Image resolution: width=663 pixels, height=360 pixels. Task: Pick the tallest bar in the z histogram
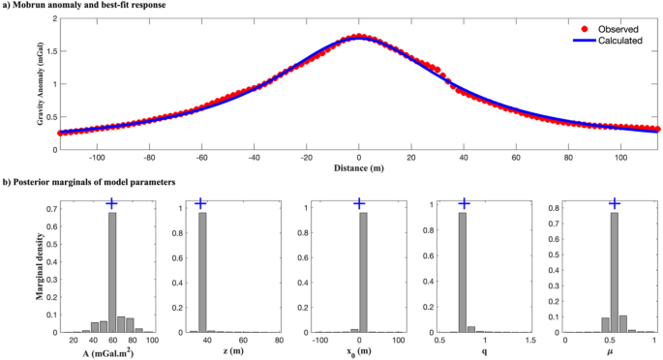point(202,272)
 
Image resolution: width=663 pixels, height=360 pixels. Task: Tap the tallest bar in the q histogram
point(464,272)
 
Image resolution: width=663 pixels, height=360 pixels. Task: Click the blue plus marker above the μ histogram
point(614,203)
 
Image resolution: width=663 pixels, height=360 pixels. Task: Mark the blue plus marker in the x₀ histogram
point(360,203)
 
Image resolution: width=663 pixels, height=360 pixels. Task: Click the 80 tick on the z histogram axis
point(279,341)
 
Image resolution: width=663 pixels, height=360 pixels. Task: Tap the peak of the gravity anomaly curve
point(358,38)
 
